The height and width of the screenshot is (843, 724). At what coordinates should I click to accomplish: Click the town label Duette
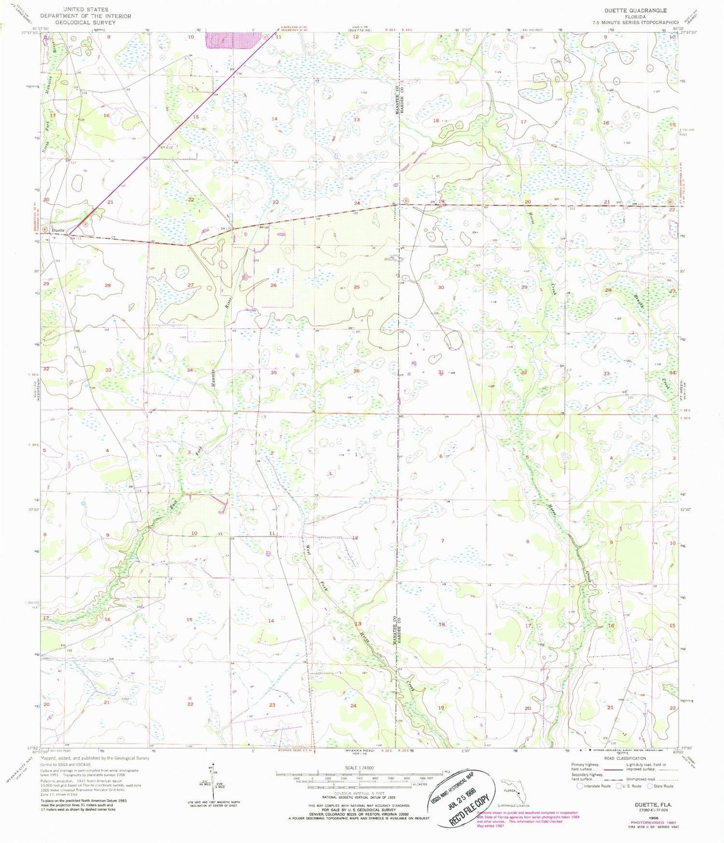click(x=58, y=231)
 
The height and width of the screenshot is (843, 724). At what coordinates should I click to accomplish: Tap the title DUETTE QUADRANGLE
click(x=636, y=10)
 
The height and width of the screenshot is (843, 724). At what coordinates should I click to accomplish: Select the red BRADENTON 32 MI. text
click(x=35, y=213)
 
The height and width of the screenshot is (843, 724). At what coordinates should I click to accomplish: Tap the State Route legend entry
click(x=661, y=786)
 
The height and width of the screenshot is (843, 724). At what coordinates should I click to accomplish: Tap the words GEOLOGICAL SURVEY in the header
click(x=85, y=22)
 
